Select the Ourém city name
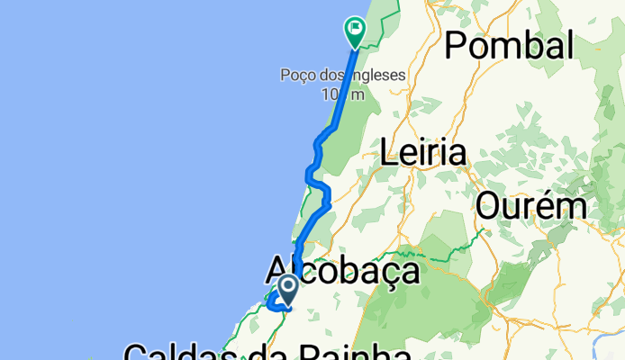click(531, 206)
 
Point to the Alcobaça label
click(343, 270)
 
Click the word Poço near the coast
click(296, 75)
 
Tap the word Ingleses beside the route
click(371, 75)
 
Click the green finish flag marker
click(355, 31)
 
